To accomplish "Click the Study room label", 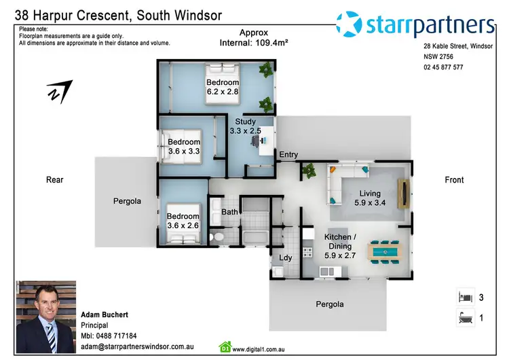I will (245, 122).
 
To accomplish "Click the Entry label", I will (288, 155).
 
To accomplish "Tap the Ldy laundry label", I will (286, 257).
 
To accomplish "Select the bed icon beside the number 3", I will (464, 297).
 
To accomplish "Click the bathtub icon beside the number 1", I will (464, 317).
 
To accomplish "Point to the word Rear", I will (55, 180).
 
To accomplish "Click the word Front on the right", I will (454, 180).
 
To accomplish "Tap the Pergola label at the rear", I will (127, 201).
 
